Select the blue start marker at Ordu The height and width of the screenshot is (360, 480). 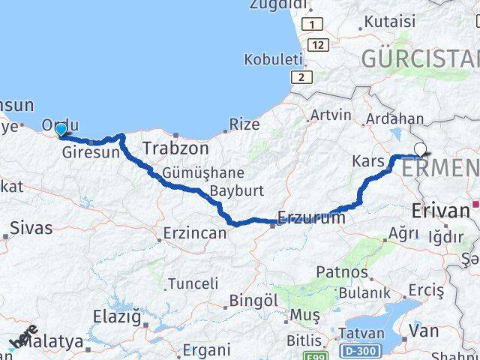(61, 130)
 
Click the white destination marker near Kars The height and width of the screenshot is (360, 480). (419, 149)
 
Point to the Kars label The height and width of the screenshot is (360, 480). (368, 160)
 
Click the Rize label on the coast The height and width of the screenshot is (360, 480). (244, 124)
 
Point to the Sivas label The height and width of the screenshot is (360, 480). (32, 227)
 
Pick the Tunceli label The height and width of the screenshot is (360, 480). (193, 283)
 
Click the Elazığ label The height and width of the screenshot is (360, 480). (117, 317)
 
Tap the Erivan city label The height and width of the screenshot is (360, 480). (441, 211)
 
